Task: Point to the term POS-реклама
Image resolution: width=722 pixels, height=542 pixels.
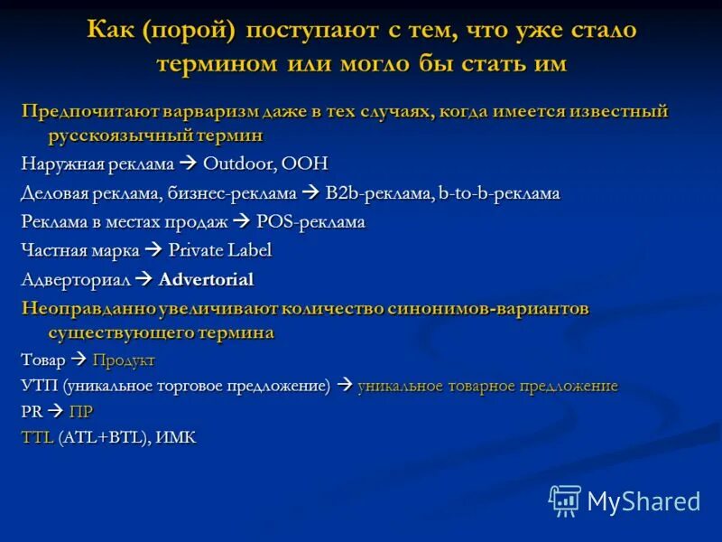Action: click(311, 222)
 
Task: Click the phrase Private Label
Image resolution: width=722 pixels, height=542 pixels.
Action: click(219, 250)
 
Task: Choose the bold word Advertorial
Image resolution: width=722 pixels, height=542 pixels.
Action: click(206, 279)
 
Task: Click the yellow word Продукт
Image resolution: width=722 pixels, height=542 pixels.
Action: click(124, 360)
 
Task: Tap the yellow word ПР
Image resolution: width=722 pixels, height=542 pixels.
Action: click(81, 412)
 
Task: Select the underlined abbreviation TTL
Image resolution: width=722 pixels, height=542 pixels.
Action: click(37, 438)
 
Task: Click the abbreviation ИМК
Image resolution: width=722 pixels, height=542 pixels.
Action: click(176, 438)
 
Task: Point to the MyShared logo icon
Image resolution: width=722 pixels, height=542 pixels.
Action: click(565, 500)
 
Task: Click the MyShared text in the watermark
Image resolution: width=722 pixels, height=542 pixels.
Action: click(643, 501)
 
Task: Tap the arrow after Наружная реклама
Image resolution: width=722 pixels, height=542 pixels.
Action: click(189, 164)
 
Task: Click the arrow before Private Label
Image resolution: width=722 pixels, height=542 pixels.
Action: click(153, 250)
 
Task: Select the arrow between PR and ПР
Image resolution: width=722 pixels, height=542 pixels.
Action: click(55, 412)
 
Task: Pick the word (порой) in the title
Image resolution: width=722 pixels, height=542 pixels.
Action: click(187, 31)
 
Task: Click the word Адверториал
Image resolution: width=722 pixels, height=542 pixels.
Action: click(74, 279)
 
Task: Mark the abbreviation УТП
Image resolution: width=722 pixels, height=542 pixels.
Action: click(37, 387)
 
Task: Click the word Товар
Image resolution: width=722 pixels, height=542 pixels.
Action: click(43, 360)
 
